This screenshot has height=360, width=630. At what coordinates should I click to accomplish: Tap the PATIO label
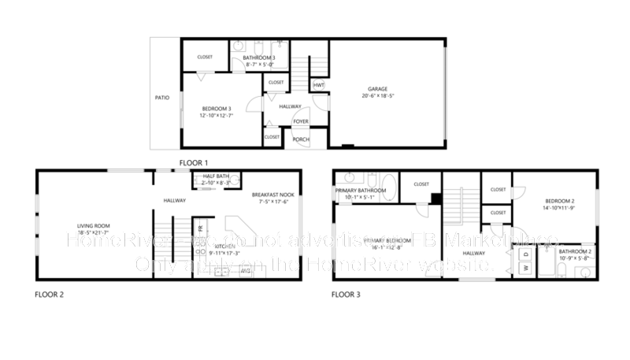[161, 98]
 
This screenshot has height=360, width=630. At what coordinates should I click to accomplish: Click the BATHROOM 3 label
[259, 58]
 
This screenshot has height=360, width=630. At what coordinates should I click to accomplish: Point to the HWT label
[318, 85]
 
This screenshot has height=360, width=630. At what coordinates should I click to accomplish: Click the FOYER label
[301, 121]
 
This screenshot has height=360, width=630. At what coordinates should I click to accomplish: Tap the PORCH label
[301, 139]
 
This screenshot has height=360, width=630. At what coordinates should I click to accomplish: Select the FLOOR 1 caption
[194, 162]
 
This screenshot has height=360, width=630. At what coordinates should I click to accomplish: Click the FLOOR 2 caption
[49, 295]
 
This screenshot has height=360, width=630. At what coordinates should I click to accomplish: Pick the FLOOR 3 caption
[346, 295]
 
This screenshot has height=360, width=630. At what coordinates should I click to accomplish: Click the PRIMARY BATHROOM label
[360, 191]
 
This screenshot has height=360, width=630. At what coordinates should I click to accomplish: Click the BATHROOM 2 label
[574, 251]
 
